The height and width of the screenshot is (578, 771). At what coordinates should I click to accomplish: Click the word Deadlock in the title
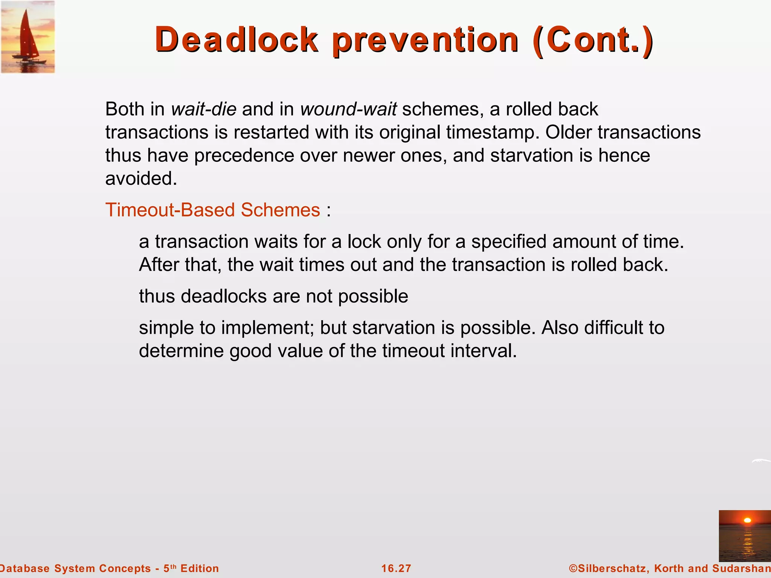pyautogui.click(x=236, y=40)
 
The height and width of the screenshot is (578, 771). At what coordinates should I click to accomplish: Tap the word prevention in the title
pyautogui.click(x=425, y=40)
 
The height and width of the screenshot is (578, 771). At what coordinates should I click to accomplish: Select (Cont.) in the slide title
pyautogui.click(x=594, y=40)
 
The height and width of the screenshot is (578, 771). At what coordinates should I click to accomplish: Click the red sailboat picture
pyautogui.click(x=28, y=37)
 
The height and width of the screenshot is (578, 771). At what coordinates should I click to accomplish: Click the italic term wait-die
pyautogui.click(x=204, y=109)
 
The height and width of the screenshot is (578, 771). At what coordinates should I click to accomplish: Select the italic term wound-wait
pyautogui.click(x=349, y=109)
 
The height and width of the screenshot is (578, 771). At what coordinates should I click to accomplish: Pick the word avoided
pyautogui.click(x=141, y=179)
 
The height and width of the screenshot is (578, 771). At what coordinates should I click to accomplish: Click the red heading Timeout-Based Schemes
pyautogui.click(x=213, y=210)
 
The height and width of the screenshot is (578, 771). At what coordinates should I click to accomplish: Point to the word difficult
pyautogui.click(x=614, y=328)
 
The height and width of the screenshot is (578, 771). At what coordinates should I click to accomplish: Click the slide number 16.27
pyautogui.click(x=396, y=569)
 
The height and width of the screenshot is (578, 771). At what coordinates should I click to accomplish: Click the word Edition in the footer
pyautogui.click(x=200, y=569)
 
